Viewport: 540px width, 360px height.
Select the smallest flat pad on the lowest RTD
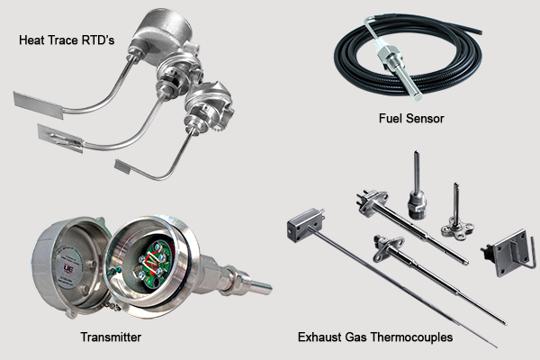click(134, 166)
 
